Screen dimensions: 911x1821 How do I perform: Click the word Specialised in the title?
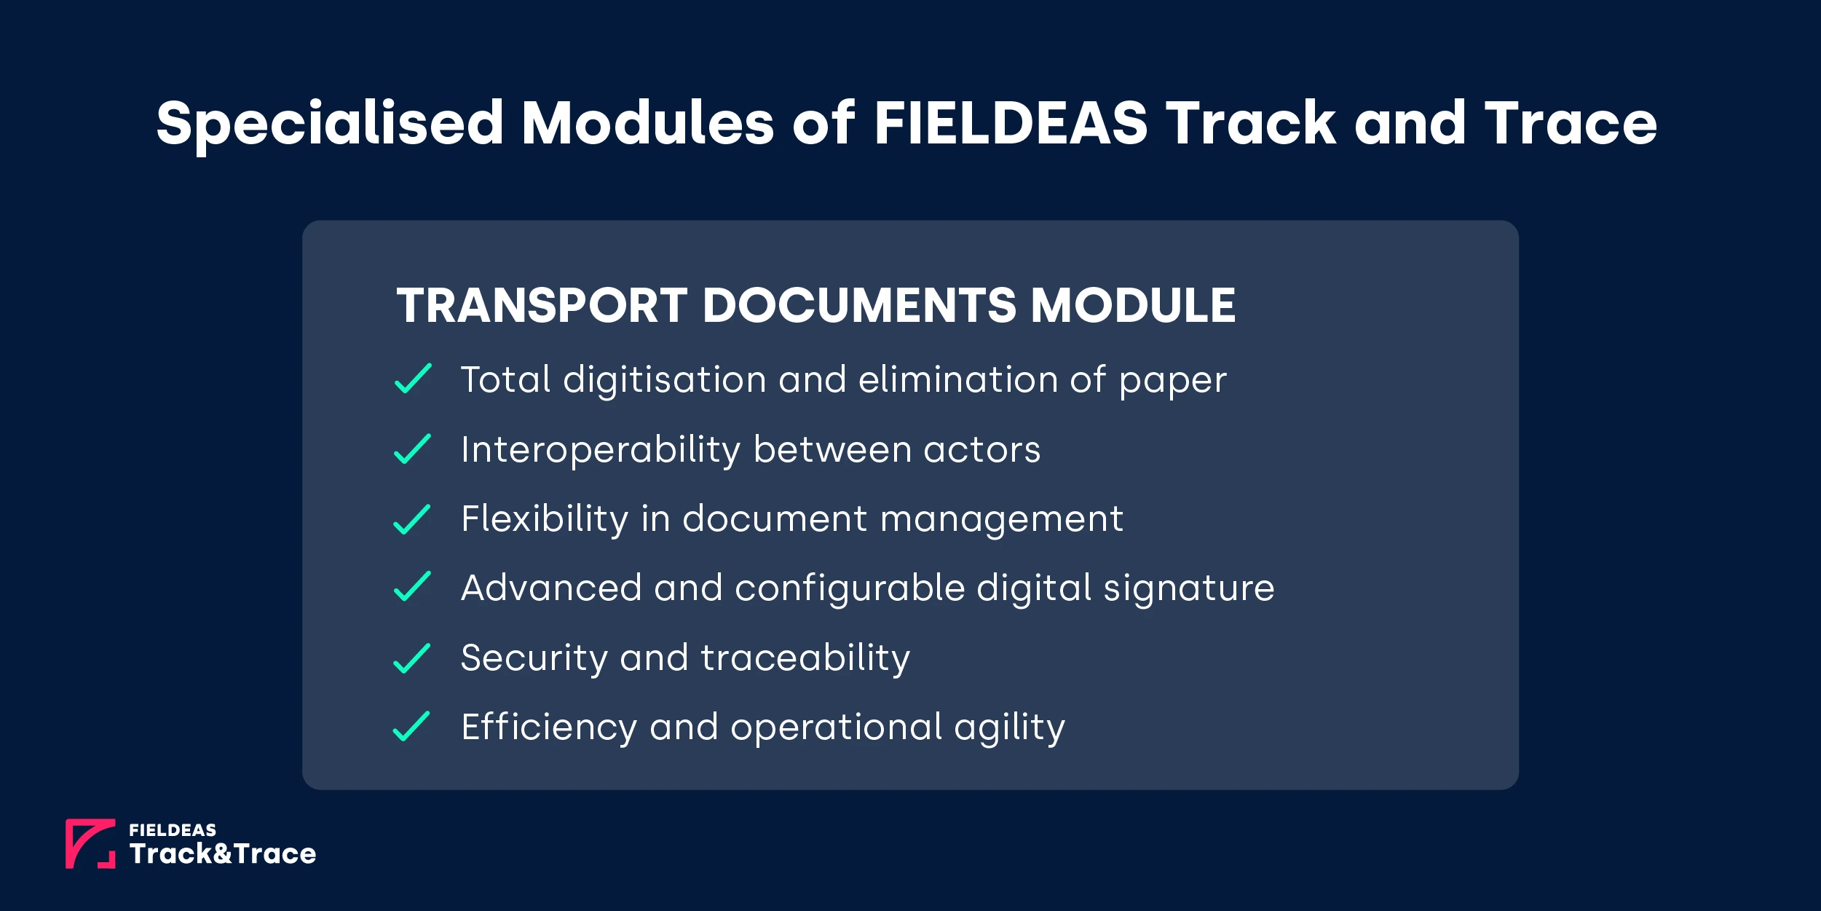point(330,124)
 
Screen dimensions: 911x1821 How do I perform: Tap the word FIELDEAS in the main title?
point(1011,122)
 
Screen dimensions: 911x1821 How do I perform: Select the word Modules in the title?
point(648,122)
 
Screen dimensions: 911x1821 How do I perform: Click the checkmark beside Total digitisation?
point(413,379)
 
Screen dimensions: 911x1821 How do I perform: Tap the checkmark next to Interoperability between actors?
point(412,449)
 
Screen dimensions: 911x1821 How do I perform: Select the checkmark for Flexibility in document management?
point(412,519)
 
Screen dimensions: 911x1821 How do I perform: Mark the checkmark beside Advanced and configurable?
point(412,587)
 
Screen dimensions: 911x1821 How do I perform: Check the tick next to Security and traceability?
point(412,658)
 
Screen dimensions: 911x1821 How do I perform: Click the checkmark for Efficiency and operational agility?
point(411,726)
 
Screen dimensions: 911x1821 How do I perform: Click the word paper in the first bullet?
point(1172,381)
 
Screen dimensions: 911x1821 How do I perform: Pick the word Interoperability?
point(601,450)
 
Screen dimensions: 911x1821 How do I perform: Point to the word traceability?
point(805,658)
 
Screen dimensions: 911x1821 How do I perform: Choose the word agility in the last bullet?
point(1009,727)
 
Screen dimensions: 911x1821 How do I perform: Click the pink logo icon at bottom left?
point(90,843)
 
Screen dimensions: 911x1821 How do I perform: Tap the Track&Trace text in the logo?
point(223,853)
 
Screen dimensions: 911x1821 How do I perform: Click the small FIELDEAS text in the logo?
point(173,830)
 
